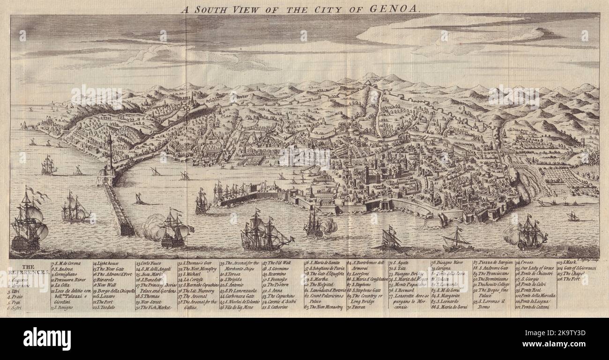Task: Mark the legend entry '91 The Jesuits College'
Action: pos(492,284)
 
